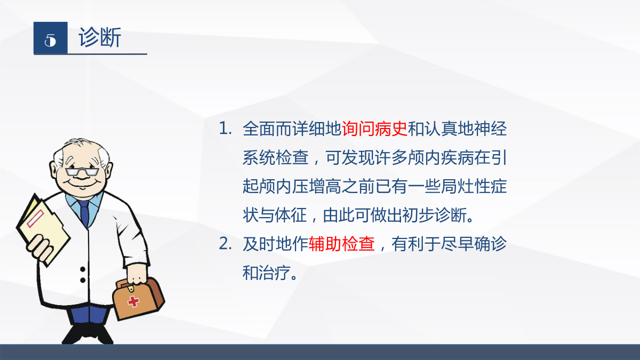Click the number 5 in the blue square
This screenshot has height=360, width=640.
pos(50,40)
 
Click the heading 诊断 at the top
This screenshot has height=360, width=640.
pos(100,37)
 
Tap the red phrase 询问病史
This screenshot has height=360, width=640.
pos(374,129)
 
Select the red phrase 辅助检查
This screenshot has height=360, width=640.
pos(342,244)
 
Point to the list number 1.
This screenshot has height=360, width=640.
pos(225,129)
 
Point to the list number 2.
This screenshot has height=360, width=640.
pos(225,244)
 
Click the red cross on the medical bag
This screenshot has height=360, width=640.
pos(133,301)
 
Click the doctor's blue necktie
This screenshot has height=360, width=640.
pos(84,212)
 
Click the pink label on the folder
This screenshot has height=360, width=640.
pos(35,219)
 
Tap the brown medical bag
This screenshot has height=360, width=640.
pos(138,299)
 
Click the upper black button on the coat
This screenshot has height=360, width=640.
pos(83,269)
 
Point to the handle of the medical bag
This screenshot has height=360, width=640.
pos(126,284)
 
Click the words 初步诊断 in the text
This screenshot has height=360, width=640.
pos(435,215)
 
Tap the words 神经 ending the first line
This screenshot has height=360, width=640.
pos(490,129)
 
